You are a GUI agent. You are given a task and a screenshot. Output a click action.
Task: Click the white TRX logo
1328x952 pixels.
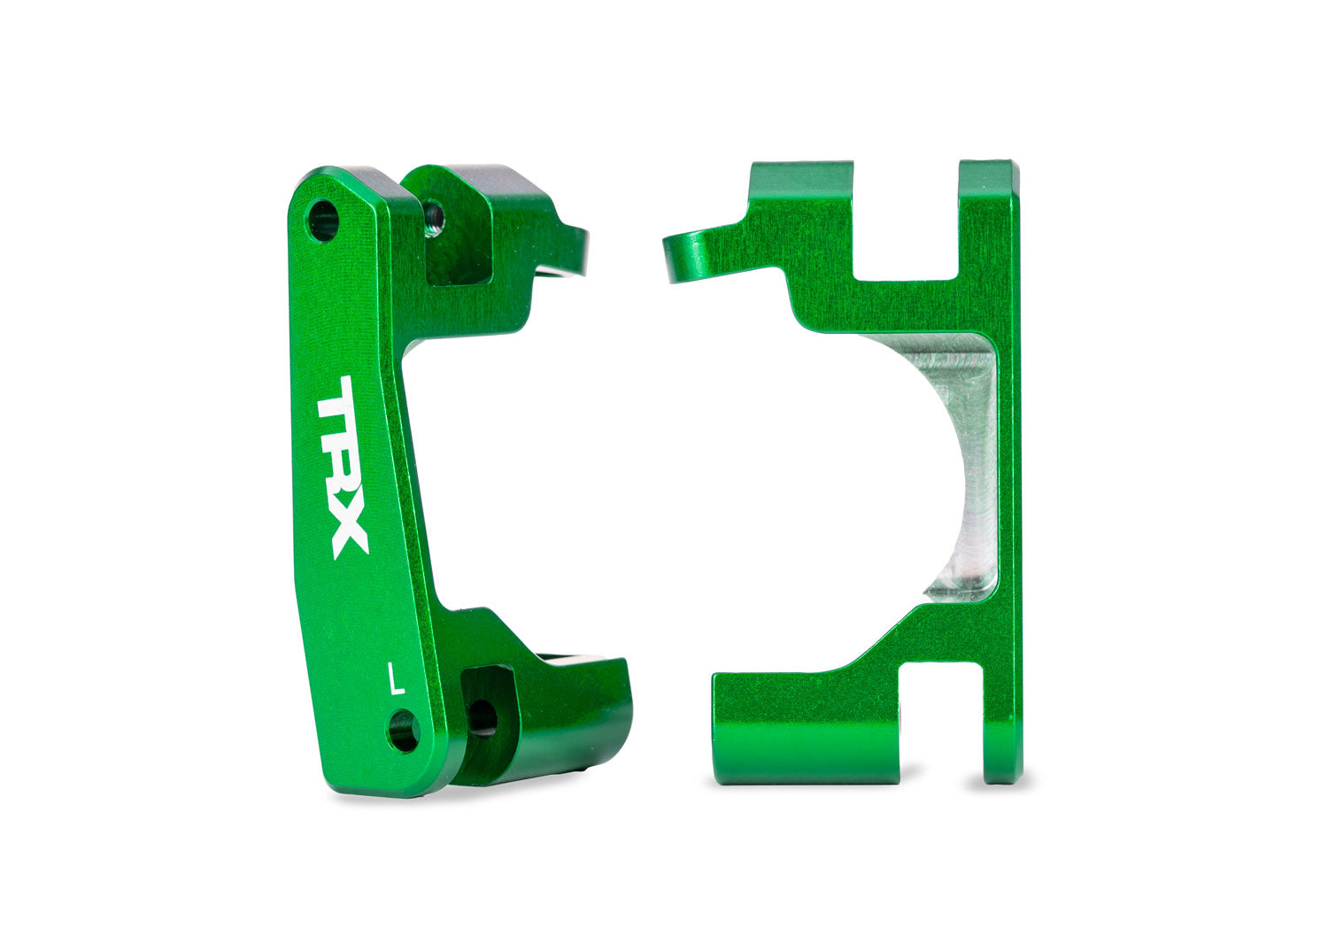pyautogui.click(x=342, y=466)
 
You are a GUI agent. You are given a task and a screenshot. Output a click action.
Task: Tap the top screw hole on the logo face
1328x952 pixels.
pyautogui.click(x=322, y=220)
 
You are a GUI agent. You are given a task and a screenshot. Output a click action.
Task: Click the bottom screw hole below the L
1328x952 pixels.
pyautogui.click(x=404, y=731)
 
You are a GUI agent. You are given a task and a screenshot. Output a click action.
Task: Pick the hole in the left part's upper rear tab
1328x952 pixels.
pyautogui.click(x=434, y=214)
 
